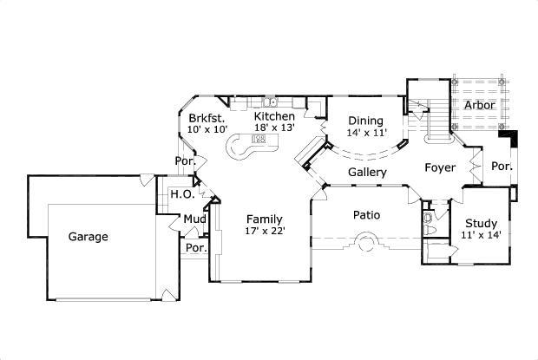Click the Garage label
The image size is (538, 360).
click(x=89, y=236)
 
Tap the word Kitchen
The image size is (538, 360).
click(x=274, y=116)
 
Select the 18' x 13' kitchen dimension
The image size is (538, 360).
click(x=274, y=128)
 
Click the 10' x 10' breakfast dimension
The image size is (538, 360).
click(x=207, y=129)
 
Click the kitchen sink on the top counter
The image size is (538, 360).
click(x=270, y=101)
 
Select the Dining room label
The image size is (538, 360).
click(x=364, y=121)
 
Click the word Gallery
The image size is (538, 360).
click(x=367, y=173)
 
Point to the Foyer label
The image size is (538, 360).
click(x=440, y=167)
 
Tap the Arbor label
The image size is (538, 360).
click(x=479, y=105)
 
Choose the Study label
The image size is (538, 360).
click(x=480, y=223)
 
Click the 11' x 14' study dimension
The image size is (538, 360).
click(x=480, y=235)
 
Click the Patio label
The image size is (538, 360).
click(x=366, y=214)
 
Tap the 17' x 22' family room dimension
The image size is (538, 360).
click(x=265, y=231)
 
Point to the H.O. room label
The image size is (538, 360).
click(x=180, y=194)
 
